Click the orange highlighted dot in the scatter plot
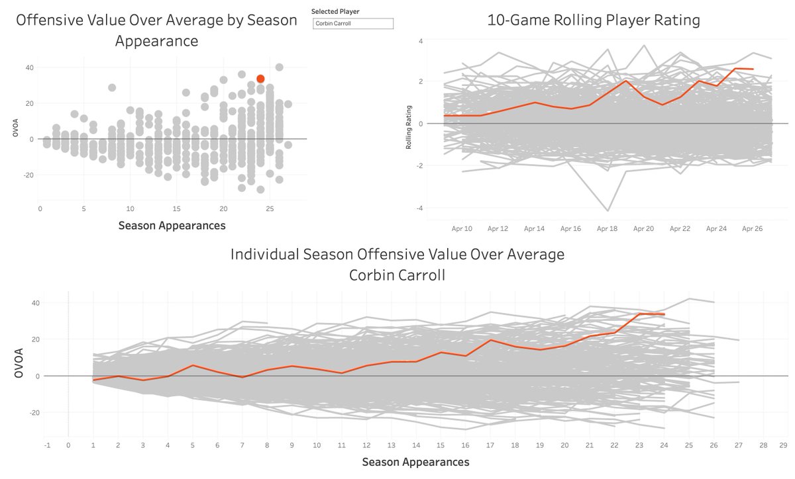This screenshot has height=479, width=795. point(260,79)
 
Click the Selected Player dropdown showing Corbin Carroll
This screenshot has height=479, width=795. point(353,24)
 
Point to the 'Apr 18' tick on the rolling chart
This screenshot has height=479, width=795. point(607,228)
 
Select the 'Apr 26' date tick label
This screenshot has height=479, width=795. point(753,228)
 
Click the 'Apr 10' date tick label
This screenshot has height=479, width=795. point(461,228)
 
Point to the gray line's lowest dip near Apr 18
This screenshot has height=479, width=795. point(608,210)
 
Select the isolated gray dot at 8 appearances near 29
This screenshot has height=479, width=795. point(112,87)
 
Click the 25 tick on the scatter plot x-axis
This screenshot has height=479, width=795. point(270,208)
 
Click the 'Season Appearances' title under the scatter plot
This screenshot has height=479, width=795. point(172,226)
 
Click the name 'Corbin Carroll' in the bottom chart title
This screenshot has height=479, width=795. point(397,274)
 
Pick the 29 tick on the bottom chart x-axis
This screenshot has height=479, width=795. point(784,445)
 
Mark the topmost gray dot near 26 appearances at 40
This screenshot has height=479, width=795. point(280,67)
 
